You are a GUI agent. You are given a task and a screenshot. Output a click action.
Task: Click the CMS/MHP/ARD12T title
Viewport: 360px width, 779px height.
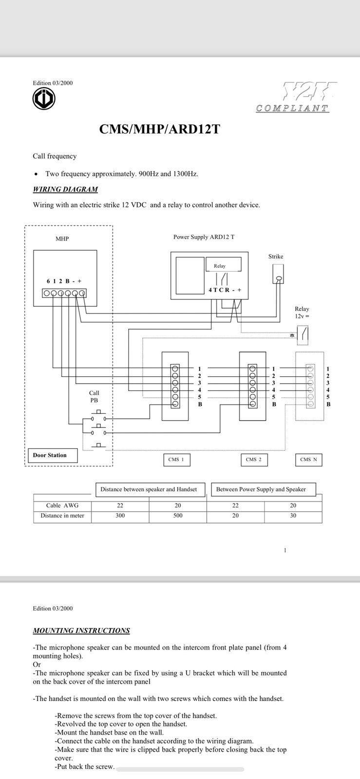[x=159, y=129]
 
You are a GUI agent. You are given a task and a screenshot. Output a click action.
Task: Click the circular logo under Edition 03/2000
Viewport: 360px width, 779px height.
[x=44, y=99]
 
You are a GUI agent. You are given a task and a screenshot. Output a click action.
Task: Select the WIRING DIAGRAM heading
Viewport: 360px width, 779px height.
[x=65, y=189]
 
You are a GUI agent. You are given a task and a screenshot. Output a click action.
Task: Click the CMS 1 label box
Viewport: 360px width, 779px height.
[x=176, y=460]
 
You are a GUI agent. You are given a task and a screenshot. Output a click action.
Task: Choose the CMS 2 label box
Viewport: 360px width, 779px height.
[x=254, y=460]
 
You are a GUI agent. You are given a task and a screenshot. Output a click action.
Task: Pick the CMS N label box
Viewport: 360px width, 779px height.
[x=308, y=460]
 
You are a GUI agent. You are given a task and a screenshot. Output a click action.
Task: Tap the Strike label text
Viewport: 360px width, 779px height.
[x=276, y=257]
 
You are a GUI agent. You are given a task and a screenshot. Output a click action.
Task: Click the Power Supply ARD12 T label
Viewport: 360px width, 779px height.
[x=204, y=237]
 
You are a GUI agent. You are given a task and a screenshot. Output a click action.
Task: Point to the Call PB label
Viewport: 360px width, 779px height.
[x=94, y=396]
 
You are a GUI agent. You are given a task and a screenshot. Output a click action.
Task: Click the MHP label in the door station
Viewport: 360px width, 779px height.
[x=62, y=239]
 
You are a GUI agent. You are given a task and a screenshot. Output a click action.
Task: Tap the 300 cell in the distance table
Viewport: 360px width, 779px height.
[x=120, y=516]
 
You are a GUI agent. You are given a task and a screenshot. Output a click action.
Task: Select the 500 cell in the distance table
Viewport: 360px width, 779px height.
[x=178, y=516]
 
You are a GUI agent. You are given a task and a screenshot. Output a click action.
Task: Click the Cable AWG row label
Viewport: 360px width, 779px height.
[x=62, y=505]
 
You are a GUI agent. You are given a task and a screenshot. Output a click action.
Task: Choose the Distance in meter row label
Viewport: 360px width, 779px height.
[x=62, y=516]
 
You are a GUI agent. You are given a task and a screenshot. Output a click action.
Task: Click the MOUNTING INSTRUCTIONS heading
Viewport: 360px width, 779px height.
[x=81, y=631]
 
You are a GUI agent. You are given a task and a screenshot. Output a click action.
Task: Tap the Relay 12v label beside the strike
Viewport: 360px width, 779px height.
[x=302, y=313]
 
